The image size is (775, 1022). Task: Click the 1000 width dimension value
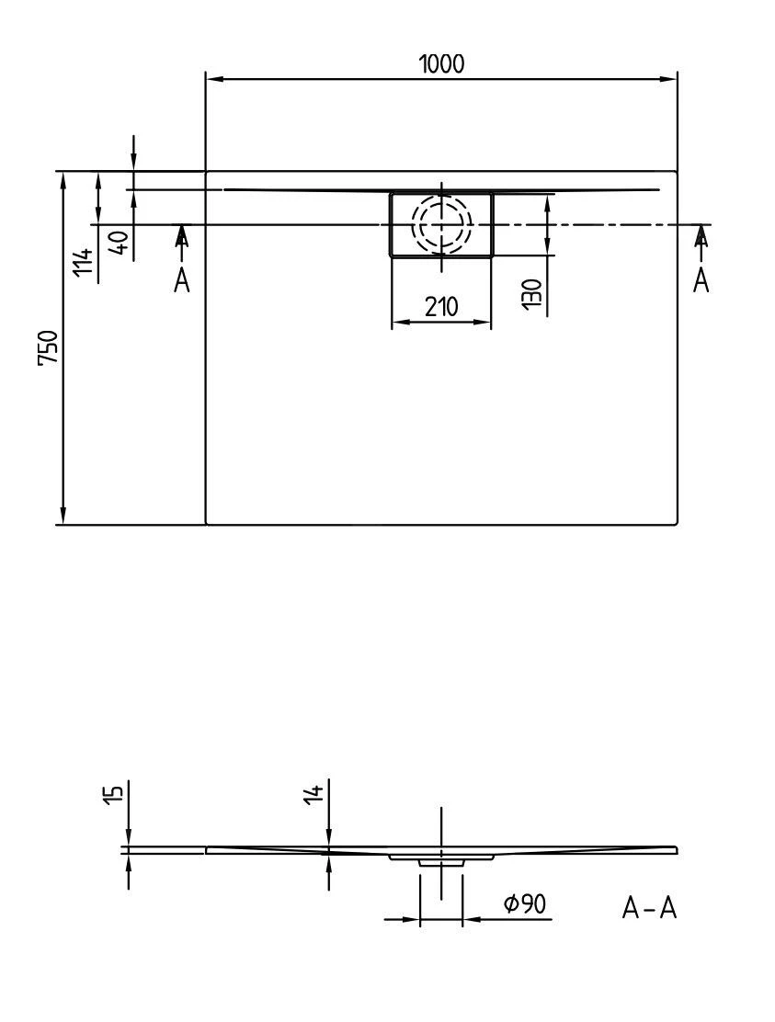pos(441,64)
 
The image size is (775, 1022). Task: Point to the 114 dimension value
pos(84,262)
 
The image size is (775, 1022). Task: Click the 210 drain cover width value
pos(441,306)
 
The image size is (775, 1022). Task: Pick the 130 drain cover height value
pos(532,293)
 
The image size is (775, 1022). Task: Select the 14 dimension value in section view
pos(314,793)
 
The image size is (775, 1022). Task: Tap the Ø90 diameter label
pos(525,904)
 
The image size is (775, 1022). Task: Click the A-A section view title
pos(649,908)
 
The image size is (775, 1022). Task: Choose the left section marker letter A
pos(182,280)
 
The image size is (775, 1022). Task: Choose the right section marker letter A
pos(701,280)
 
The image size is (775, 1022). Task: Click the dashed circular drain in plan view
pos(441,223)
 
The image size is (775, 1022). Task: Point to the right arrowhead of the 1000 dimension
pos(668,79)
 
